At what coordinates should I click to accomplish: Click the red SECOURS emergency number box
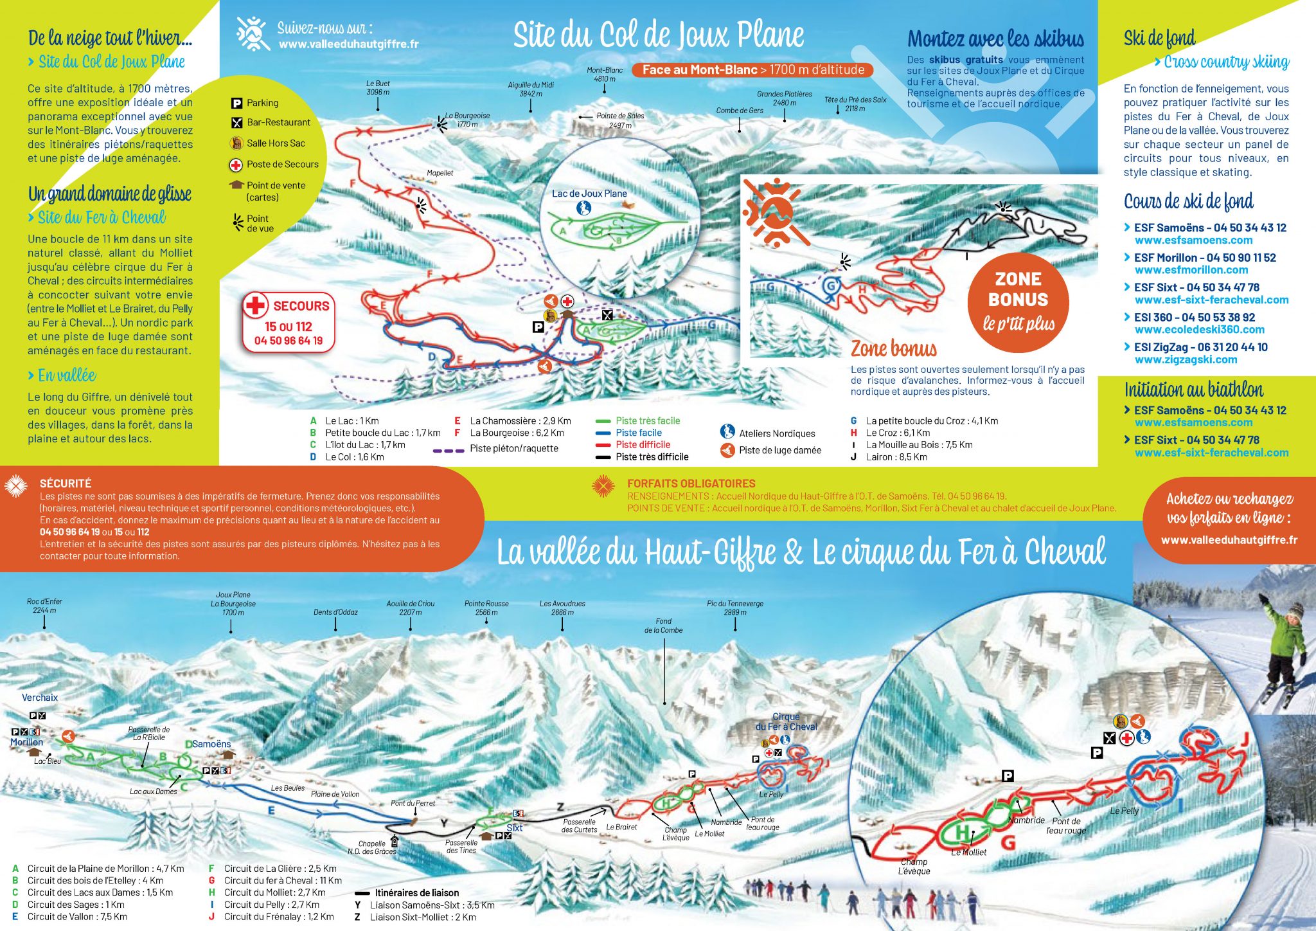289,323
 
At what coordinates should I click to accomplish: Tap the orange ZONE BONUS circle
1018,302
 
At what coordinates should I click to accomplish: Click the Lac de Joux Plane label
589,194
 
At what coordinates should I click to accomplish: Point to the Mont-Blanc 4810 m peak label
604,75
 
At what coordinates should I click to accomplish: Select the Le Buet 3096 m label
378,87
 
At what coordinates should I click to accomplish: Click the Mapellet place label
440,173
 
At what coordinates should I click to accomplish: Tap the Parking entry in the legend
256,103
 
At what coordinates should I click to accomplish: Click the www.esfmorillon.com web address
1191,270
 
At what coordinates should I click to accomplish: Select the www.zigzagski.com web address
1186,359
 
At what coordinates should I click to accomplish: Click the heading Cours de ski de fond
1188,201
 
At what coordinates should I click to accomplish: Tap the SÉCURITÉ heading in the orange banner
66,484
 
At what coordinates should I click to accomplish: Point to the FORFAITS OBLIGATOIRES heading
691,484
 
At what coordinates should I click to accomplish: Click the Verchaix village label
40,698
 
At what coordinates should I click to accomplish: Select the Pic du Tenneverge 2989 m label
735,608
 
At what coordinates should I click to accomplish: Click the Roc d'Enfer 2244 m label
44,605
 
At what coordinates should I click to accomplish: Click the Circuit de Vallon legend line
71,917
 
